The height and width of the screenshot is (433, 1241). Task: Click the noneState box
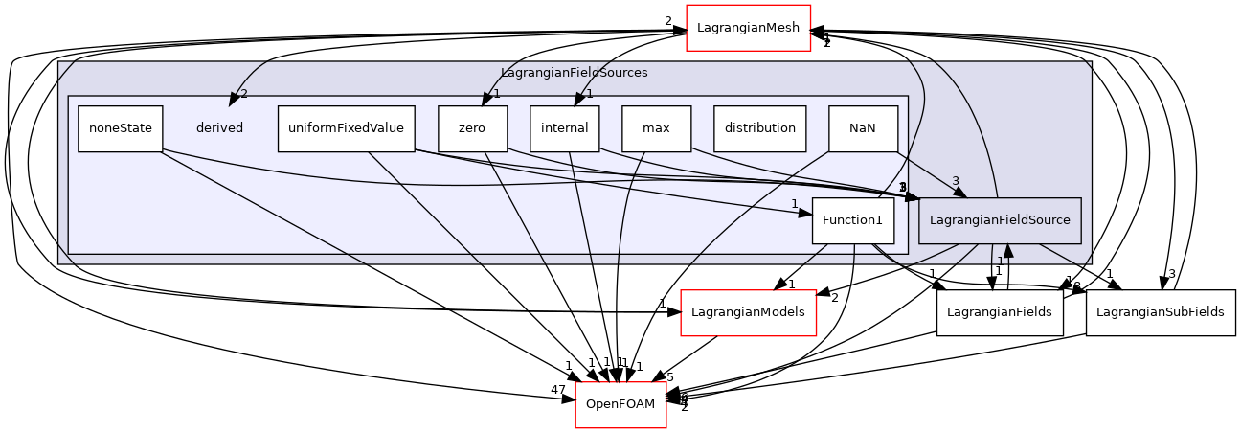coord(121,128)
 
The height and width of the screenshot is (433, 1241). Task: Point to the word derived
coord(219,128)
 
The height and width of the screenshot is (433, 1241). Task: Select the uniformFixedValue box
coord(346,128)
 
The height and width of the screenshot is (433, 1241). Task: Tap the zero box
coord(472,128)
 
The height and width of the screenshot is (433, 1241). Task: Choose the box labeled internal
coord(564,128)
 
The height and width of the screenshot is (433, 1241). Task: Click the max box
coord(656,128)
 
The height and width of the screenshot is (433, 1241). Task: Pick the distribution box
coord(759,128)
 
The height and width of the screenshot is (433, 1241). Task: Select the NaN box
coord(863,128)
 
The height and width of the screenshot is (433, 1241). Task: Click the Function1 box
coord(852,220)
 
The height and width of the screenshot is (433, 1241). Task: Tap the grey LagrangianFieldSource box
coord(1000,220)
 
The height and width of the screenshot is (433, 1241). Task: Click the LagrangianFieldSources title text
coord(574,73)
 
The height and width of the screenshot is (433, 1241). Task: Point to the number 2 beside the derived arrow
coord(244,94)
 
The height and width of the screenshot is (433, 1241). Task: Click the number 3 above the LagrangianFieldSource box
coord(955,181)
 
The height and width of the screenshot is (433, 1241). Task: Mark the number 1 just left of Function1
coord(794,204)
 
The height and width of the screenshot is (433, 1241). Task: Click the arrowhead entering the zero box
coord(486,99)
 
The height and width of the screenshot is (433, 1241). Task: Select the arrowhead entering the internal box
coord(578,100)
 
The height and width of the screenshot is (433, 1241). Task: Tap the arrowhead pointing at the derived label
coord(233,100)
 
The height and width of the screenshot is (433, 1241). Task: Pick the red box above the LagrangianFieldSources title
coord(748,28)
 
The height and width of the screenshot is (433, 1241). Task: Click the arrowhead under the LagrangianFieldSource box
coord(1007,251)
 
